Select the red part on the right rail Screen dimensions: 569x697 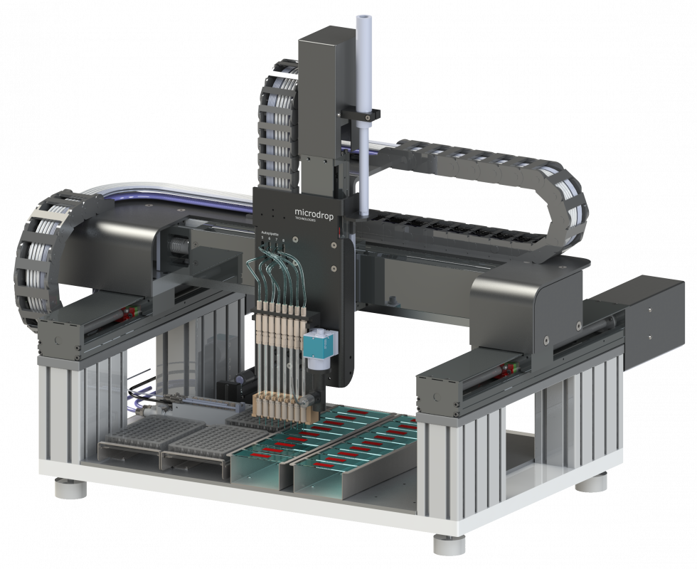[508, 368]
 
